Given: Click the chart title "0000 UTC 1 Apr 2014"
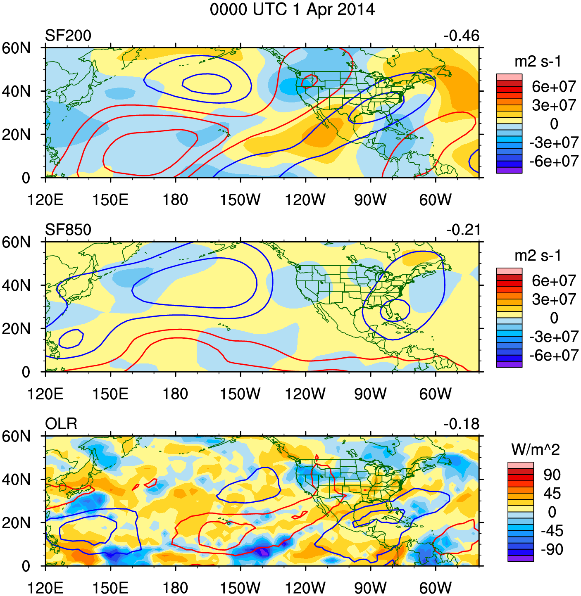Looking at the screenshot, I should (x=292, y=9).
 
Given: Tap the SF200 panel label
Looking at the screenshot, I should (x=68, y=36).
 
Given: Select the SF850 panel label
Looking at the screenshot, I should (x=68, y=230).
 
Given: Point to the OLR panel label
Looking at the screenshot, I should (x=61, y=424).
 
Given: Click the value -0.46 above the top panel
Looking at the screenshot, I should (x=461, y=36).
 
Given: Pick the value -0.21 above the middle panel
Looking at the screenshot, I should (x=463, y=230).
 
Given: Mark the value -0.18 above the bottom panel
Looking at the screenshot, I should (x=462, y=424).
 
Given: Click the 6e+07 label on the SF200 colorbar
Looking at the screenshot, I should (x=554, y=87).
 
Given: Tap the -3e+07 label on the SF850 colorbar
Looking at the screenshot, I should (x=554, y=337).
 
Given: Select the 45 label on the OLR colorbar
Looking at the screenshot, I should (x=552, y=494).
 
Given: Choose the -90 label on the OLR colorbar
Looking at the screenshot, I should (x=552, y=549).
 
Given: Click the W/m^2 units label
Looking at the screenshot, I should (x=536, y=449).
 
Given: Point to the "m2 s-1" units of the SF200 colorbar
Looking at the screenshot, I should (x=538, y=62).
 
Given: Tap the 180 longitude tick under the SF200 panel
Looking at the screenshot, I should (x=175, y=200).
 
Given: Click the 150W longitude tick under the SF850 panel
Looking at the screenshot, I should (x=240, y=394).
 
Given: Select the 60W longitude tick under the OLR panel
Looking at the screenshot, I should (x=435, y=588).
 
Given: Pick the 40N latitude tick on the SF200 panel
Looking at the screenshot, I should (x=17, y=91).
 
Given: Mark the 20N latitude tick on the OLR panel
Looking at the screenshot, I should (x=17, y=523).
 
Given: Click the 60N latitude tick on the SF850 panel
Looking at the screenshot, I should (x=17, y=242).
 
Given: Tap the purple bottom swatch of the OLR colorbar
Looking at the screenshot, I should (x=521, y=558).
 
